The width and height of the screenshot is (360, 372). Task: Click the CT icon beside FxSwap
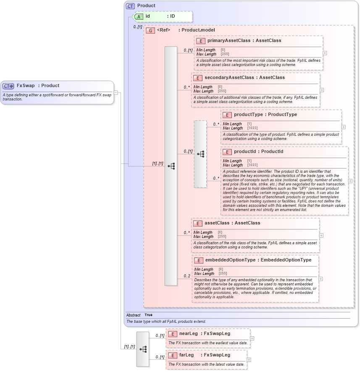(8, 86)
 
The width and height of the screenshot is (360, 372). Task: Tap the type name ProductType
(282, 115)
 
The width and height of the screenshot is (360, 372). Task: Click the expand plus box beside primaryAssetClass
(325, 53)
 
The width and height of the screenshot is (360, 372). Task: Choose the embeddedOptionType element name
(230, 260)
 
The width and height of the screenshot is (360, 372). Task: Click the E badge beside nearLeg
(172, 334)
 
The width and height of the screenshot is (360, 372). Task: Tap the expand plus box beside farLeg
(249, 360)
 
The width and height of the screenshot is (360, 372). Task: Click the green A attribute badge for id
(139, 16)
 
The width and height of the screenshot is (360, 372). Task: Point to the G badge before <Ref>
(150, 30)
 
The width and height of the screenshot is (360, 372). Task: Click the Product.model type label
(198, 30)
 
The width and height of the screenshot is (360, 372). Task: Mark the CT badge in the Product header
(130, 6)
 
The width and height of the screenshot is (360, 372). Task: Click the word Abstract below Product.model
(133, 315)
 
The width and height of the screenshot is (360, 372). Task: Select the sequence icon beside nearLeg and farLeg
(143, 349)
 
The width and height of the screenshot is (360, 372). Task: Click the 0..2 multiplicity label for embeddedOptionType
(187, 277)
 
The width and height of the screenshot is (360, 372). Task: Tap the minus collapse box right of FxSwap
(116, 93)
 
